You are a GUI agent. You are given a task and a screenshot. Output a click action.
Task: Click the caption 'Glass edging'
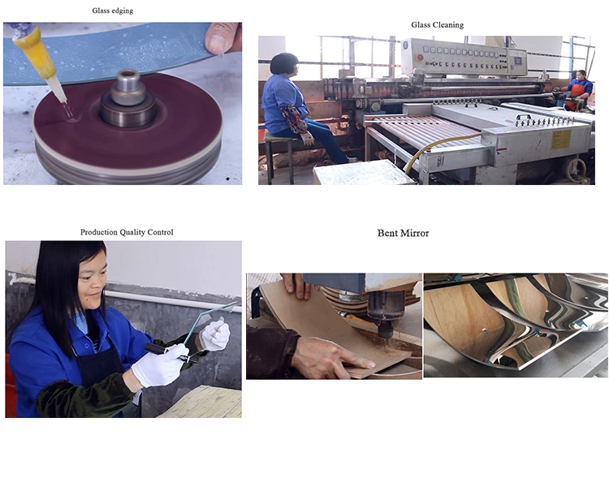point(113,11)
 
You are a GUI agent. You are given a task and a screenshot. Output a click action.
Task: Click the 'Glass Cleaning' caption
point(438,25)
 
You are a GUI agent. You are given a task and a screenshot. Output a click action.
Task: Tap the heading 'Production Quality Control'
point(127,232)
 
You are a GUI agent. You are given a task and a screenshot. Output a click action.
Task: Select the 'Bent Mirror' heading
point(403,233)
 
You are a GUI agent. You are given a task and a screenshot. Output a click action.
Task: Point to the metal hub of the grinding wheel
point(127,99)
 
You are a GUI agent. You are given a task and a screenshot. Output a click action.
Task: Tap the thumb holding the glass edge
point(220,37)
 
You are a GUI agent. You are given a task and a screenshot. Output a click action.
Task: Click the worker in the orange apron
point(578,91)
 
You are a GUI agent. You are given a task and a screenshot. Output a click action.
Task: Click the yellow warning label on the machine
point(561,139)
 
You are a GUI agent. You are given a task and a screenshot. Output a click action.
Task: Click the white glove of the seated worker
point(308,139)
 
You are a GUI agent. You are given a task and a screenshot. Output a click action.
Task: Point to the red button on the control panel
point(419,58)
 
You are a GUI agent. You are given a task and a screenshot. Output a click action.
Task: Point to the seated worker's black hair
point(284,63)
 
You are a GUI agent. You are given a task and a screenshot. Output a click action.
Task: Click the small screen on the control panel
point(518,62)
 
